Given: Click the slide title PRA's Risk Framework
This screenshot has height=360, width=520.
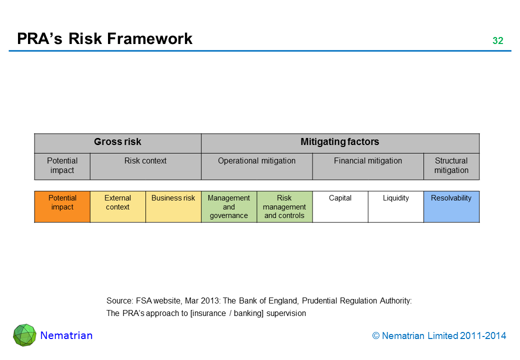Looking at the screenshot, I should tap(104, 39).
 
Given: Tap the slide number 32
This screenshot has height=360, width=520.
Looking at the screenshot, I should tap(497, 41).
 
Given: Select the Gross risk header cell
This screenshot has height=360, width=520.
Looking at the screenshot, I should tap(117, 142).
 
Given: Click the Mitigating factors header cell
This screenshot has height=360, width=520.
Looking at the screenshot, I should tap(340, 142).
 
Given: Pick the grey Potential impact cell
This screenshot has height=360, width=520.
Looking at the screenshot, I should tap(62, 166).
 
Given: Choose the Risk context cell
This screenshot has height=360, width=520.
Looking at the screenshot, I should tap(145, 166).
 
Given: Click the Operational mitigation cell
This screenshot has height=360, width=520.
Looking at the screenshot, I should tap(256, 166).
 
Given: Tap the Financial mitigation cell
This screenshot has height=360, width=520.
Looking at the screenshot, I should tap(368, 166).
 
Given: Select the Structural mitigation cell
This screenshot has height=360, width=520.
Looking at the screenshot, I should tap(451, 166).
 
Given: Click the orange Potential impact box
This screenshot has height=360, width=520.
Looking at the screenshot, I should tap(62, 206).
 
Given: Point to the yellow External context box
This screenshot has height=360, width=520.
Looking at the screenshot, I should tap(117, 206).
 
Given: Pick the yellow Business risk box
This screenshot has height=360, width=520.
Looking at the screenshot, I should tap(173, 206).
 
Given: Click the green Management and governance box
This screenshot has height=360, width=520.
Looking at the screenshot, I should tap(228, 206).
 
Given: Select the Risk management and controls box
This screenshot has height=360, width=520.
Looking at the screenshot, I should tap(284, 206).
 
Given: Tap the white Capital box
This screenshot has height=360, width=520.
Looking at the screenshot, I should tap(340, 206).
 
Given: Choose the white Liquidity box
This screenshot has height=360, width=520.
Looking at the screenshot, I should tap(395, 206).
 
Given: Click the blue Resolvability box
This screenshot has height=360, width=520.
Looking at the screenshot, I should tap(451, 206).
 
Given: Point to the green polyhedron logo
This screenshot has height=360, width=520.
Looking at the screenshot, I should tap(24, 335).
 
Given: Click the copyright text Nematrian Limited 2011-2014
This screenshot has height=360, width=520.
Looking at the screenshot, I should tap(439, 336).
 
